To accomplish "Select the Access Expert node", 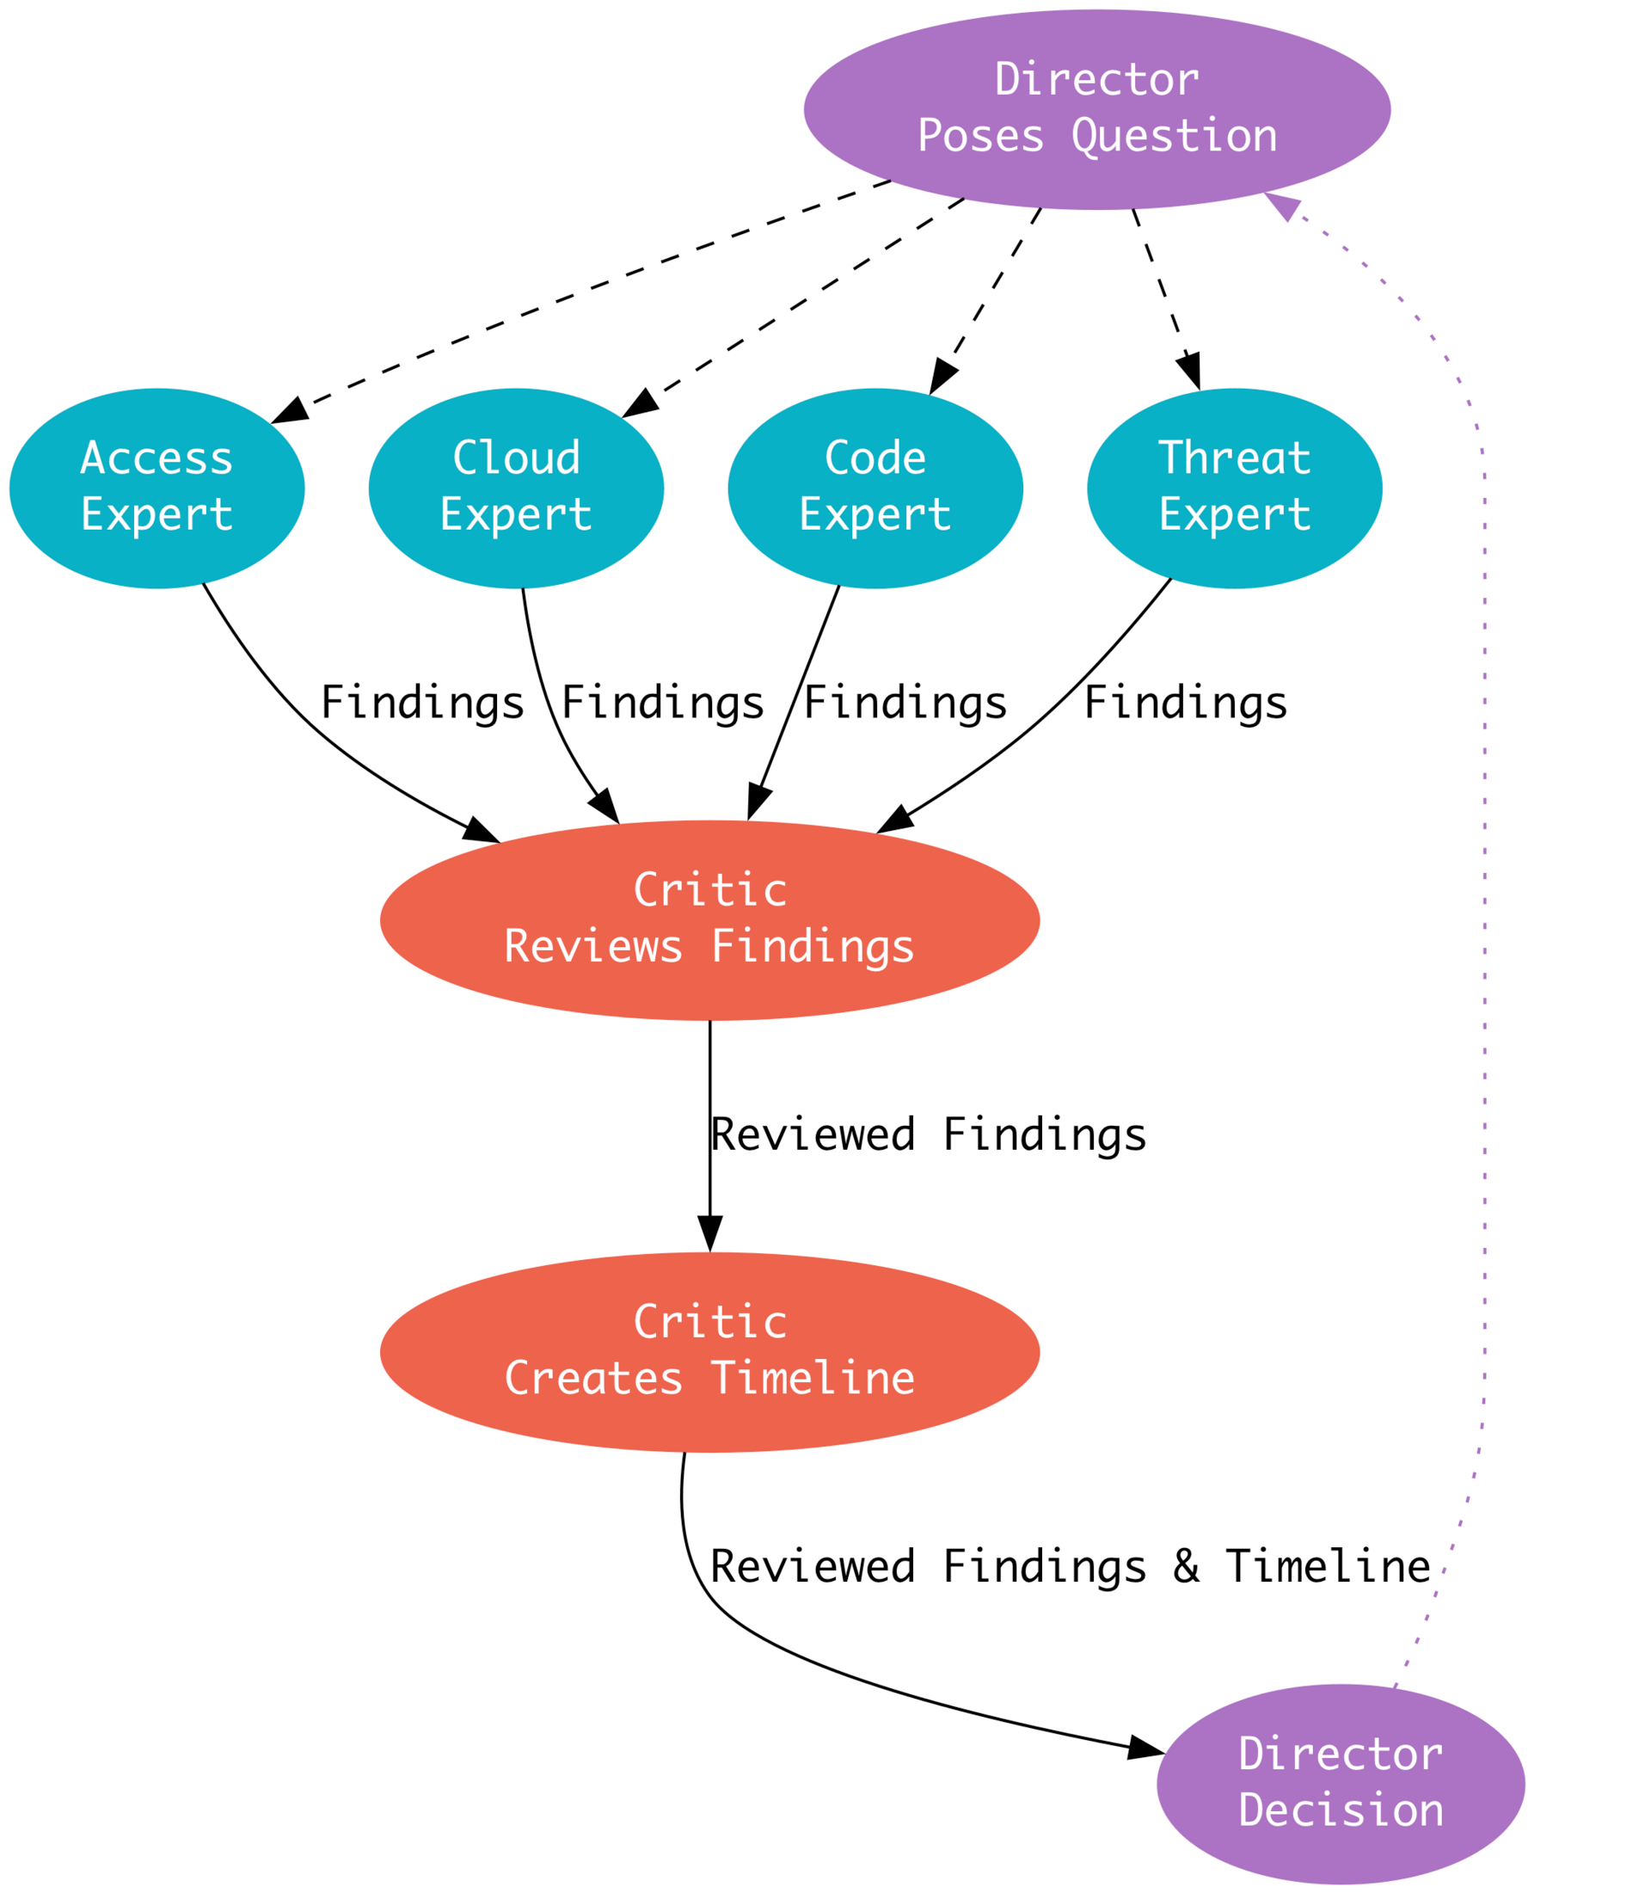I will pyautogui.click(x=157, y=489).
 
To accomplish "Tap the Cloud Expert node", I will pyautogui.click(x=516, y=489).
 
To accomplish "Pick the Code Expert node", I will pyautogui.click(x=875, y=489).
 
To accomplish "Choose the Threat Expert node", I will pyautogui.click(x=1235, y=489).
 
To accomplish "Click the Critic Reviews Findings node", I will pyautogui.click(x=709, y=919).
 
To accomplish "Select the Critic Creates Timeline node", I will pyautogui.click(x=709, y=1352).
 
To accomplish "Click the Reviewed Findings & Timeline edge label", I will pyautogui.click(x=1070, y=1567).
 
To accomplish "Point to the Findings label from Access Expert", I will pyautogui.click(x=422, y=704).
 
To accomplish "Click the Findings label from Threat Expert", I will pyautogui.click(x=1185, y=704).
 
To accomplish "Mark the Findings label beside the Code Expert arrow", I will pyautogui.click(x=905, y=704).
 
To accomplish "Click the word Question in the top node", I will pyautogui.click(x=1174, y=137).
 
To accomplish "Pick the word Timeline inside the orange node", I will pyautogui.click(x=813, y=1380).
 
